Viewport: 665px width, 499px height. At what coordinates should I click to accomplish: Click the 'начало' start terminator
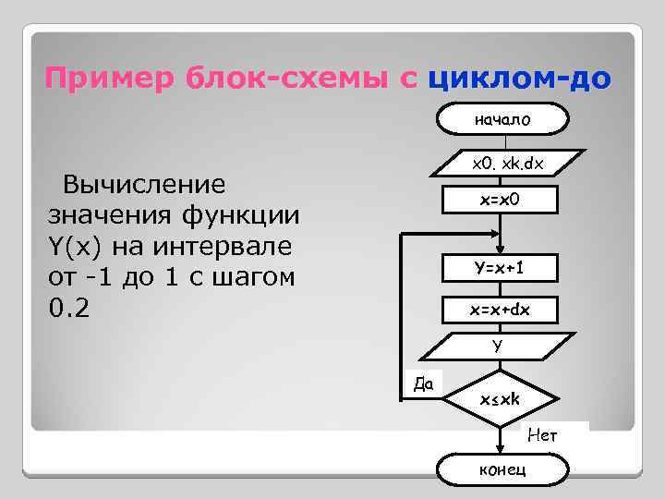click(x=502, y=119)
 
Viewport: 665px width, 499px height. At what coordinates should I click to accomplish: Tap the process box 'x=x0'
click(x=500, y=200)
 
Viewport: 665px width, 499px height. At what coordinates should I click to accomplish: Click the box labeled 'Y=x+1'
click(x=500, y=268)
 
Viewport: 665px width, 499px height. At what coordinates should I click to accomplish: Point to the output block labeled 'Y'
click(x=498, y=346)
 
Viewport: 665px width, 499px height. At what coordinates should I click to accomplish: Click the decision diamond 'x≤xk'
click(x=500, y=399)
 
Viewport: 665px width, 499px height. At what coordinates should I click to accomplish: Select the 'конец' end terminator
click(x=502, y=469)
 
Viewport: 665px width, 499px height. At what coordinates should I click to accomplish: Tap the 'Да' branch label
click(x=425, y=382)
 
